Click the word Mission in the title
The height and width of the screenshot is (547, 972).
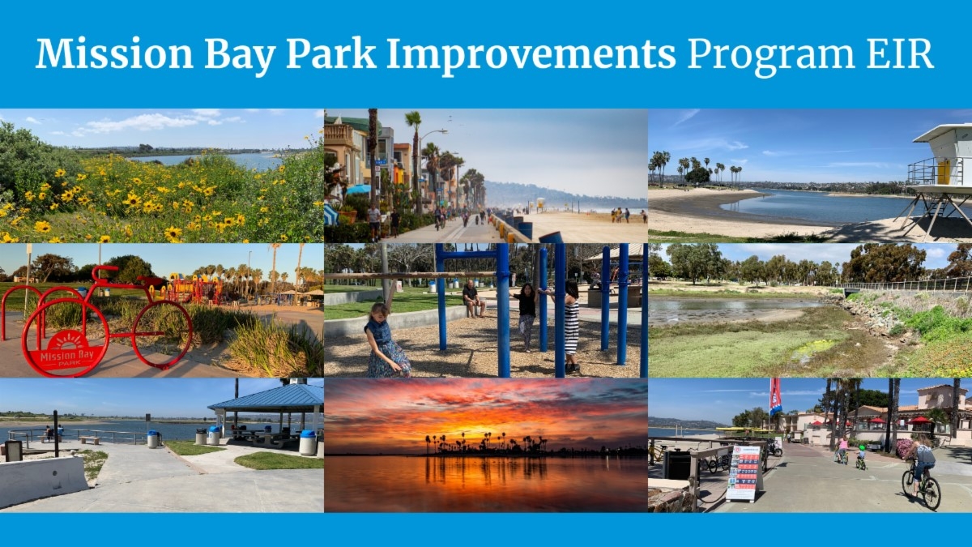point(114,53)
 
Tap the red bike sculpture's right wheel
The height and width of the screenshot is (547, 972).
point(163,333)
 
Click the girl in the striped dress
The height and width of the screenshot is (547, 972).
point(571,325)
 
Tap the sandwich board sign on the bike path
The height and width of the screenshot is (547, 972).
point(744,472)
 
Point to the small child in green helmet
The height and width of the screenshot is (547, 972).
point(859,457)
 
